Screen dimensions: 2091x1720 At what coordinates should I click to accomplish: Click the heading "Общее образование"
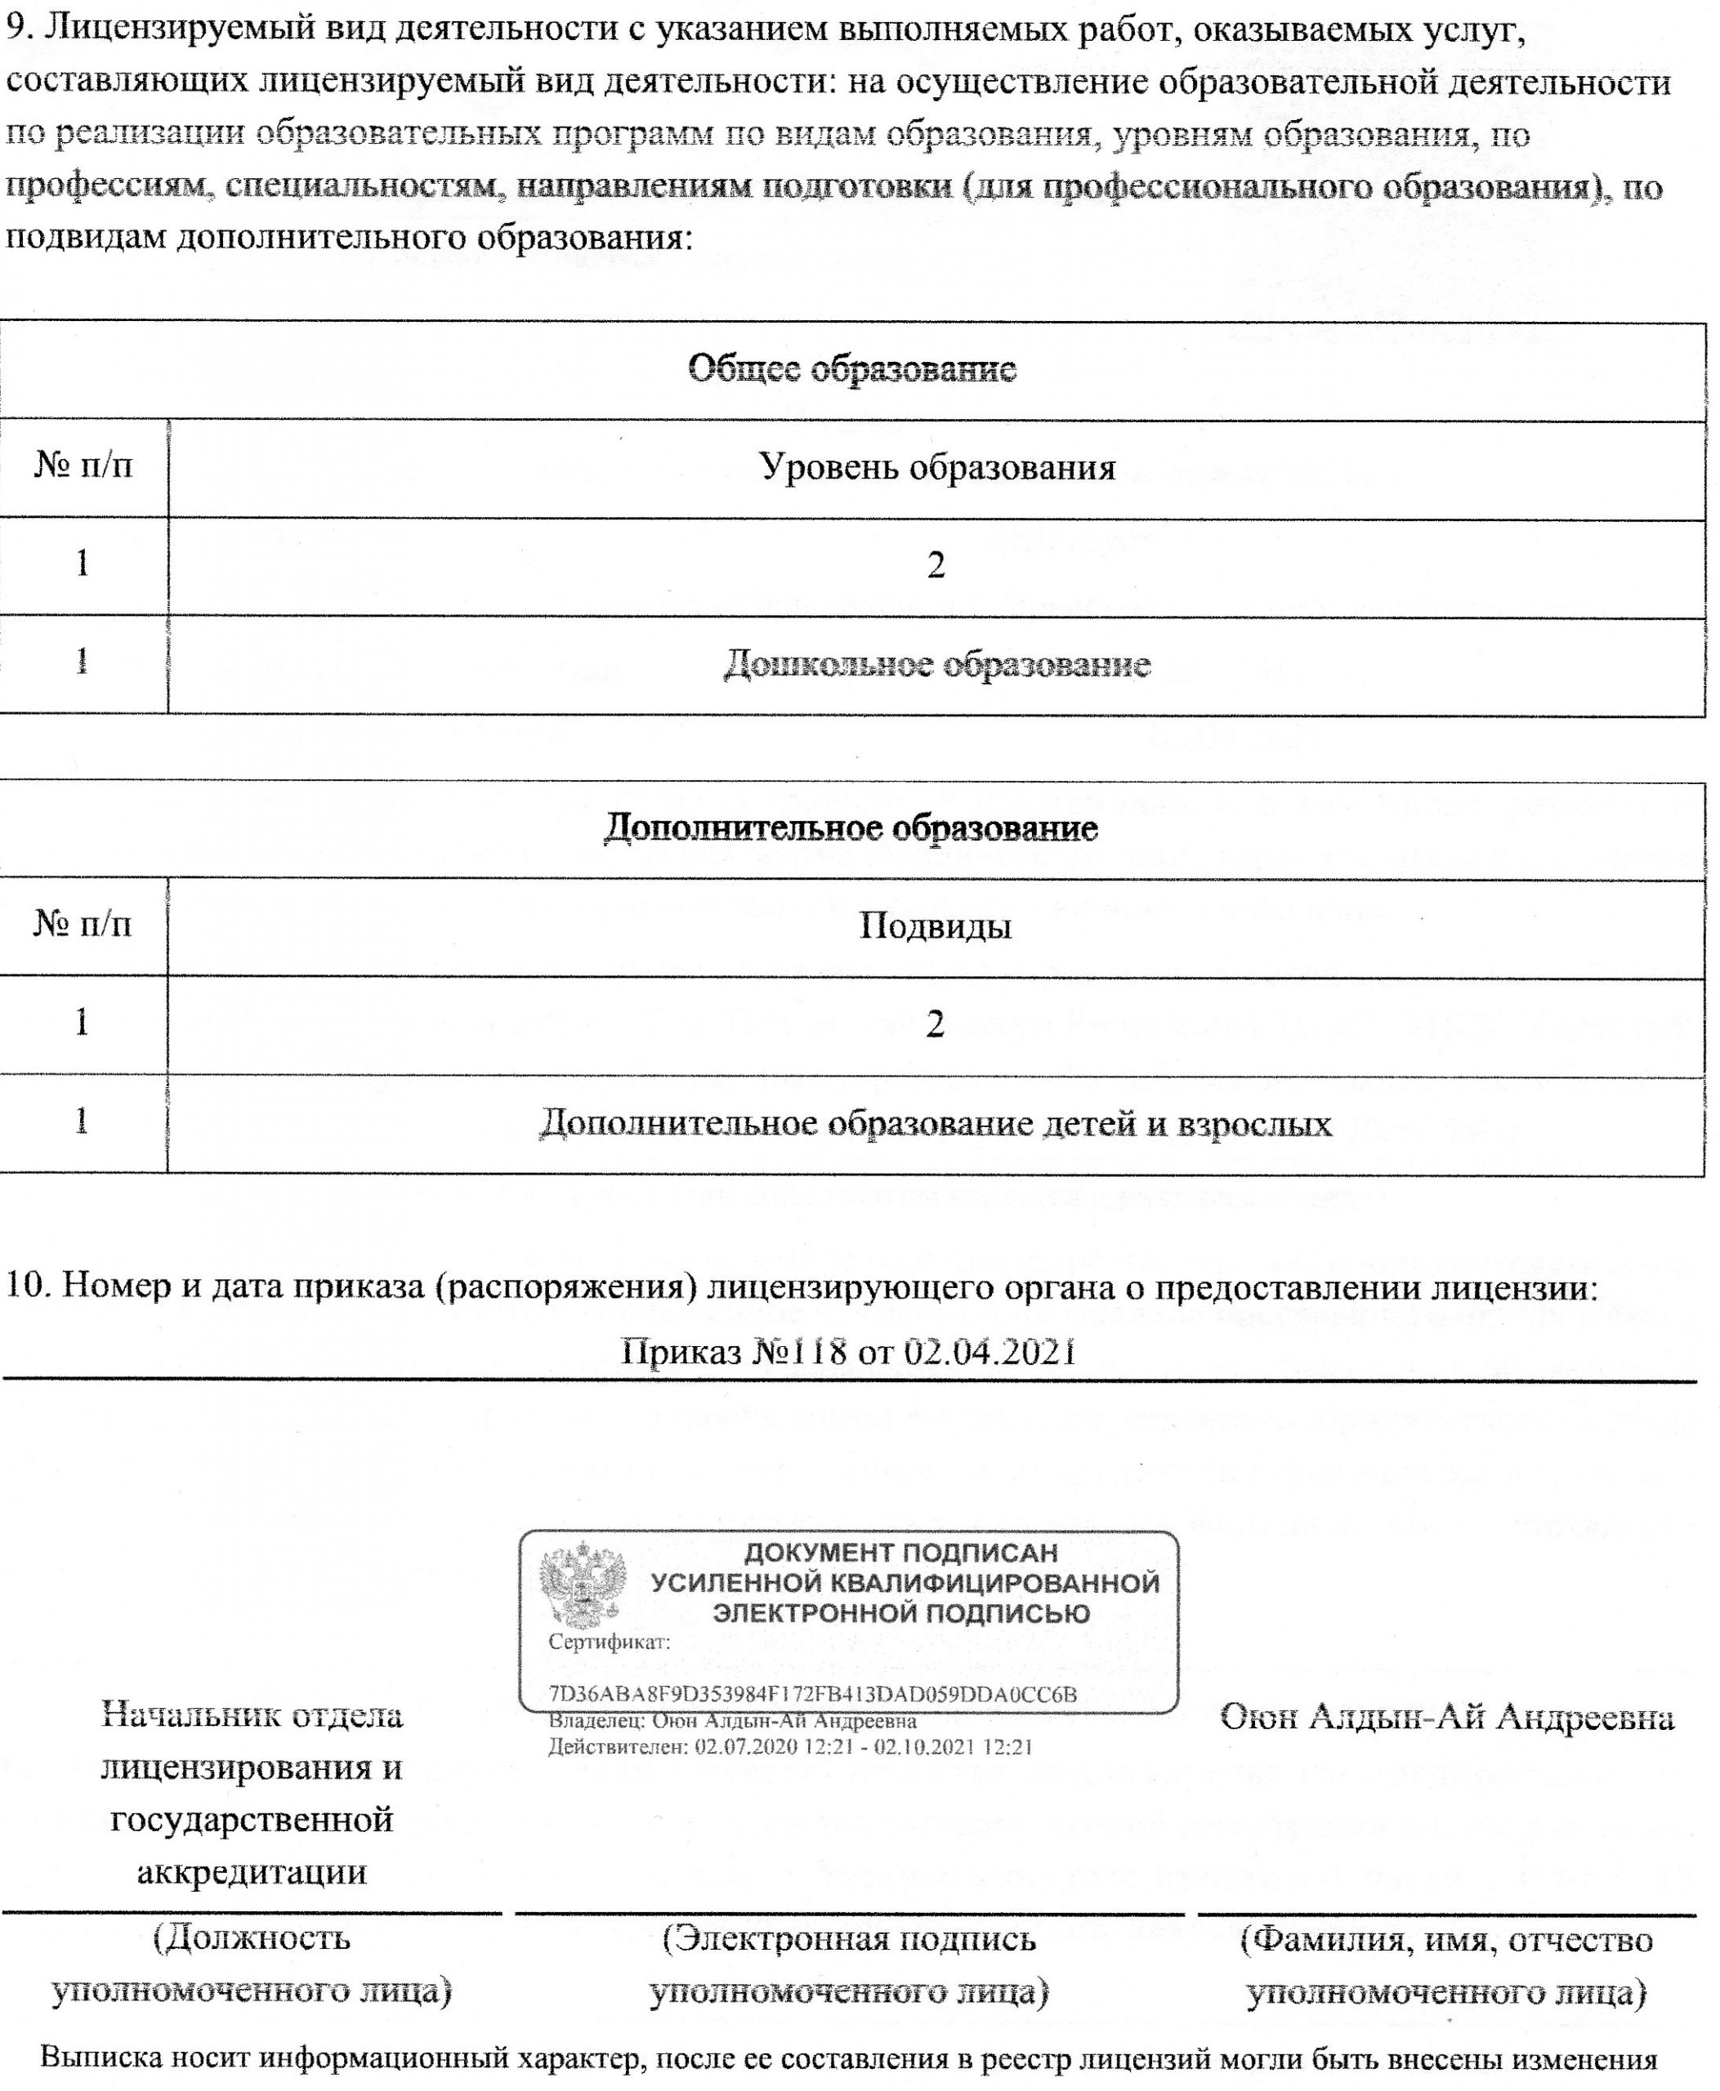tap(852, 369)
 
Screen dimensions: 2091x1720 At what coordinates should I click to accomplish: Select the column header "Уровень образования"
tap(936, 466)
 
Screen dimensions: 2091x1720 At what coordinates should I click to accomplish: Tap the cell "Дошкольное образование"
tap(936, 664)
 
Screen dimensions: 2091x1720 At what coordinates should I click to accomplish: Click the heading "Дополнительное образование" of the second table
tap(851, 827)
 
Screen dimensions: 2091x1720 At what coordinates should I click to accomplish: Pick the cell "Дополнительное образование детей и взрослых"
tap(936, 1123)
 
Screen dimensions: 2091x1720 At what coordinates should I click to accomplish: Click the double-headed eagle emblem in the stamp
tap(583, 1584)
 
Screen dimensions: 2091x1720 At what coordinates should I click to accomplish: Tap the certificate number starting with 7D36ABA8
tap(812, 1694)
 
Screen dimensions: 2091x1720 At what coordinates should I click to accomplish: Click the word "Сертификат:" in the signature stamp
tap(610, 1641)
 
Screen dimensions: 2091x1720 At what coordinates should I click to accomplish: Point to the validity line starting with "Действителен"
tap(791, 1746)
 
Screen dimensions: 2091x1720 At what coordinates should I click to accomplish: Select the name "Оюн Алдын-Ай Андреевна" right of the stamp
tap(1446, 1717)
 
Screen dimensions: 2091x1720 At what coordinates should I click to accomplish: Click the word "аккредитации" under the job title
tap(252, 1871)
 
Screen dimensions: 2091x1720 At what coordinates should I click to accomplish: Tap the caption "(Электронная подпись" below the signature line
tap(849, 1938)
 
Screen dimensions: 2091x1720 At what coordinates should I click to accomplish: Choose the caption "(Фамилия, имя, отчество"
tap(1446, 1938)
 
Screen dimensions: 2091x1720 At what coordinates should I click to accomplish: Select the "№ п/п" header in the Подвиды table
tap(83, 924)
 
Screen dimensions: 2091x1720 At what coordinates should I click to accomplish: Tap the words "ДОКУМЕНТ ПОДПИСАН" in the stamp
tap(900, 1552)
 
